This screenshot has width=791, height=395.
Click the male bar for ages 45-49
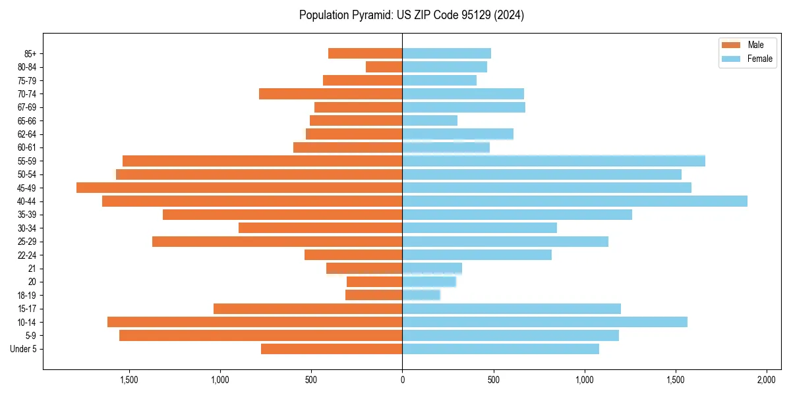[239, 188]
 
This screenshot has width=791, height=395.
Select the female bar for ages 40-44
[575, 201]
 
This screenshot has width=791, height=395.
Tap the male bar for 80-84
[384, 66]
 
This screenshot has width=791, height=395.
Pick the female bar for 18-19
[421, 295]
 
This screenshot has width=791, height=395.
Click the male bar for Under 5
[332, 349]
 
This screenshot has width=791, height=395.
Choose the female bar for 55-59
[554, 161]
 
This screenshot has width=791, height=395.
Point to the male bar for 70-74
[331, 93]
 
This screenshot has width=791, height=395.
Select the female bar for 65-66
[430, 120]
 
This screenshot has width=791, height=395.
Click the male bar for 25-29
[278, 242]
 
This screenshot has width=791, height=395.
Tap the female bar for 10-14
[544, 322]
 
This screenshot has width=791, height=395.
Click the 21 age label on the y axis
[32, 269]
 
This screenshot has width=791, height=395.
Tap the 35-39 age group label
[26, 215]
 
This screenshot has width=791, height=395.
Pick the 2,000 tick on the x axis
[766, 380]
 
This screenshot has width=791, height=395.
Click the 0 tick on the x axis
[402, 380]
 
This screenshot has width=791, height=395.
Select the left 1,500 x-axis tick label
[129, 380]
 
